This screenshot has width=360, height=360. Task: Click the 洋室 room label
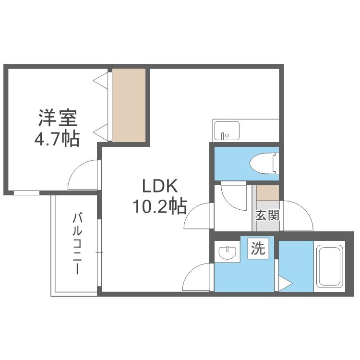click(x=56, y=118)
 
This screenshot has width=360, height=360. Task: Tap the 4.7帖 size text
click(x=56, y=139)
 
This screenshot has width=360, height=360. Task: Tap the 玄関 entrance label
click(x=266, y=215)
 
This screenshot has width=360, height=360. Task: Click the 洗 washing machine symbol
click(x=258, y=249)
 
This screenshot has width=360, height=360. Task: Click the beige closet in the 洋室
click(x=129, y=105)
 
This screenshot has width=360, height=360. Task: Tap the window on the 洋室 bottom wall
click(x=26, y=192)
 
